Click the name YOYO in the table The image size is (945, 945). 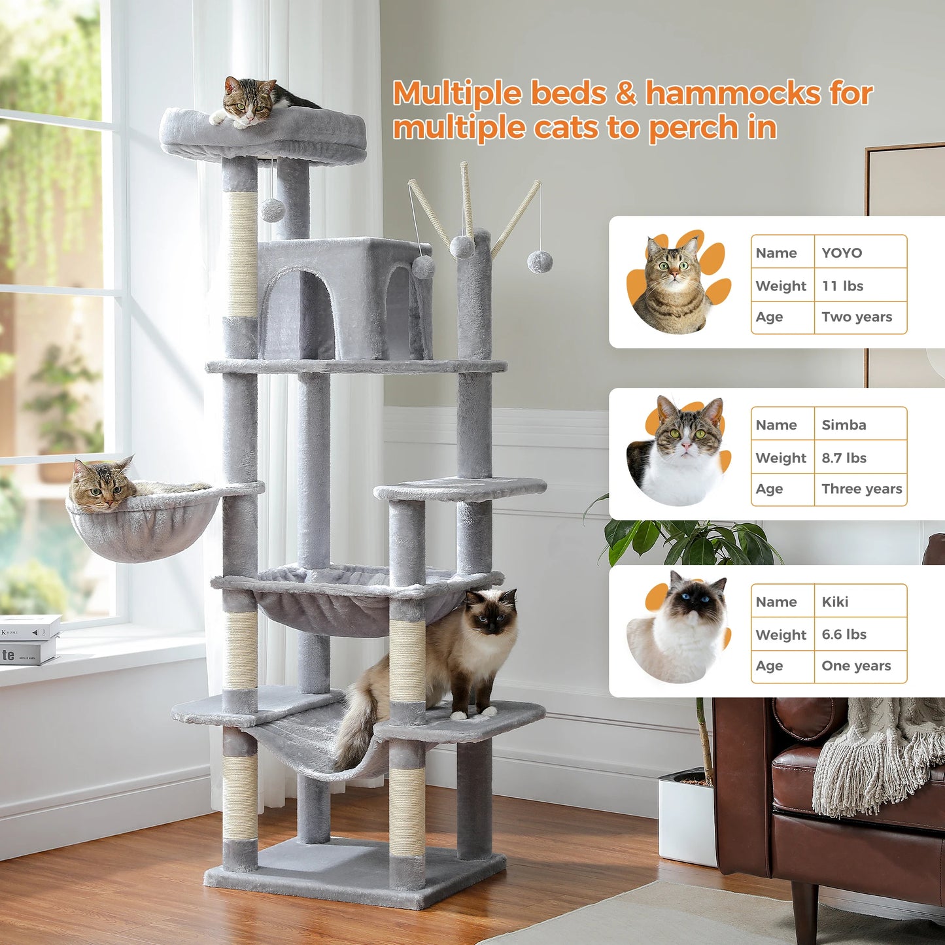point(842,253)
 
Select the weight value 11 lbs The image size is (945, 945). point(842,286)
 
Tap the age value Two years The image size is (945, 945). point(857,317)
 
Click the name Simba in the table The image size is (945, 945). point(844,425)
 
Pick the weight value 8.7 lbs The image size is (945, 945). point(844,458)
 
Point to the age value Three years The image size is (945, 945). point(861,489)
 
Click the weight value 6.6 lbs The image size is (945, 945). point(844,634)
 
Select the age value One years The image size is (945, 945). point(856,666)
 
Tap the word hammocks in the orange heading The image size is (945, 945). point(732,94)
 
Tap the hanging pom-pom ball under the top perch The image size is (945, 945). point(272,210)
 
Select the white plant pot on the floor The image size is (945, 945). point(686,817)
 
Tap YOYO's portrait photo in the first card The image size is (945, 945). point(674,284)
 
